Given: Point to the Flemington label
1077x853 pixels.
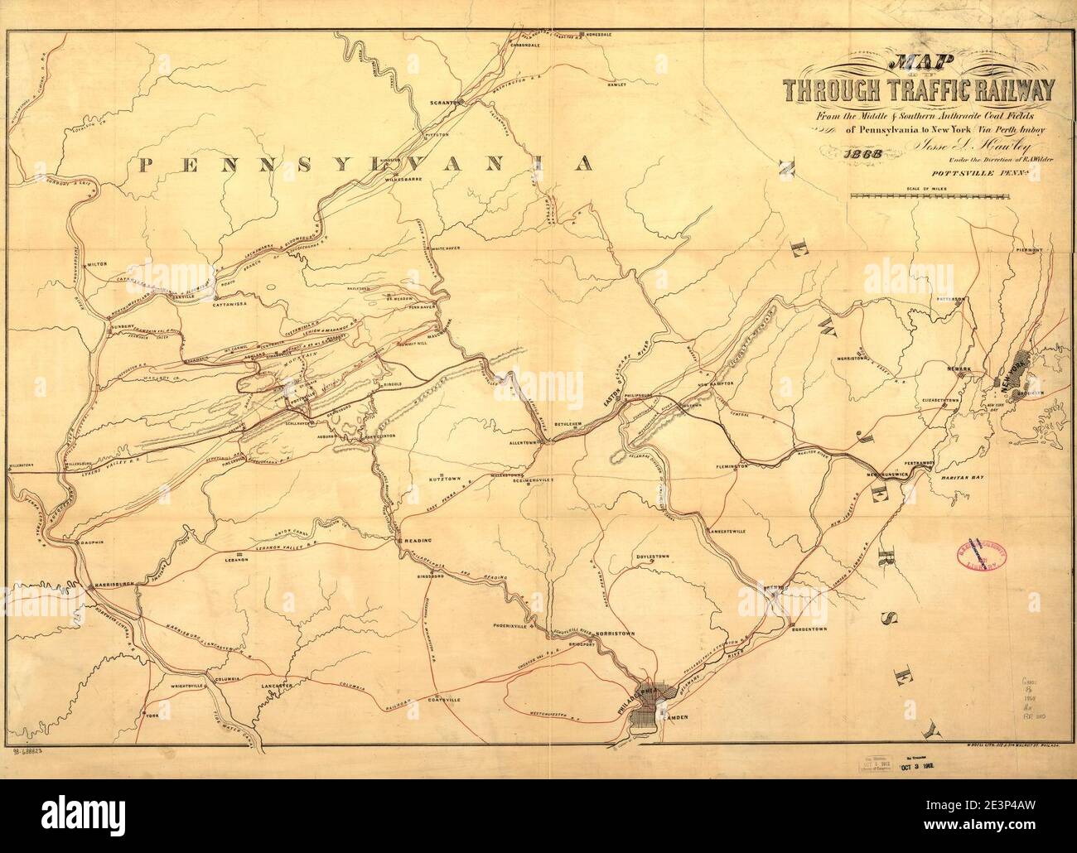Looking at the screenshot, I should click(x=729, y=467).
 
